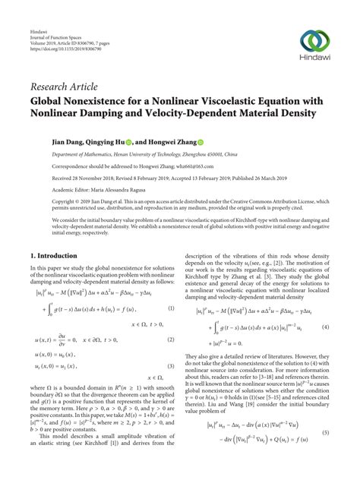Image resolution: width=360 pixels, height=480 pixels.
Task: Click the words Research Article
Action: pyautogui.click(x=62, y=88)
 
